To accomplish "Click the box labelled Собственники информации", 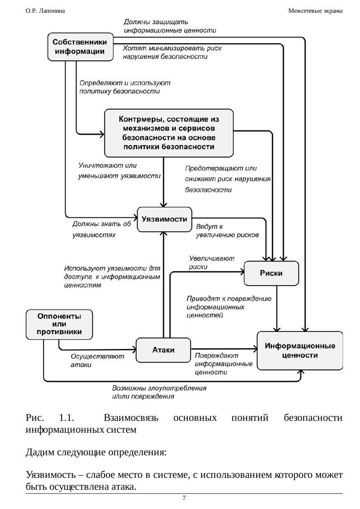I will [80, 47].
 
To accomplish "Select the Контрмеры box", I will [169, 133].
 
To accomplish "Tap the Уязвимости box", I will [164, 219].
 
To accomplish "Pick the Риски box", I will [271, 273].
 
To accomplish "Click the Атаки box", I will [163, 350].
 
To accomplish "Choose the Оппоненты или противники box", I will [60, 324].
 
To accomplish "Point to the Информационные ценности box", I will [300, 351].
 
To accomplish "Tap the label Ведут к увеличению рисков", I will [227, 231].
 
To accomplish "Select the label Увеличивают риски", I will [211, 262].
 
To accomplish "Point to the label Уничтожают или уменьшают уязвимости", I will [119, 171].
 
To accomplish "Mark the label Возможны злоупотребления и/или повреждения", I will [159, 392].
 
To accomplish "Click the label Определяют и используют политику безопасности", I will [124, 87].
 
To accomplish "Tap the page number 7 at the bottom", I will [184, 498].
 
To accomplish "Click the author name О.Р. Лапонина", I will [45, 11].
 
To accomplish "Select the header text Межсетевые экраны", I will [315, 11].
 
